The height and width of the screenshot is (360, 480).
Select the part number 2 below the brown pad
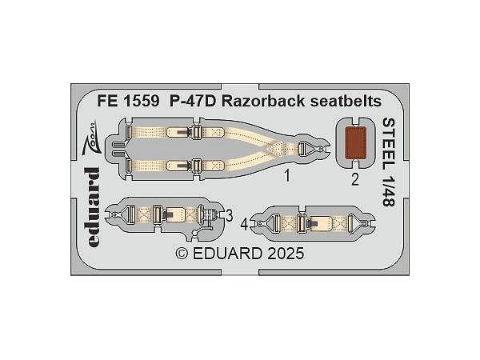tap(354, 178)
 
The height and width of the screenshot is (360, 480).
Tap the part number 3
tap(229, 214)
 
